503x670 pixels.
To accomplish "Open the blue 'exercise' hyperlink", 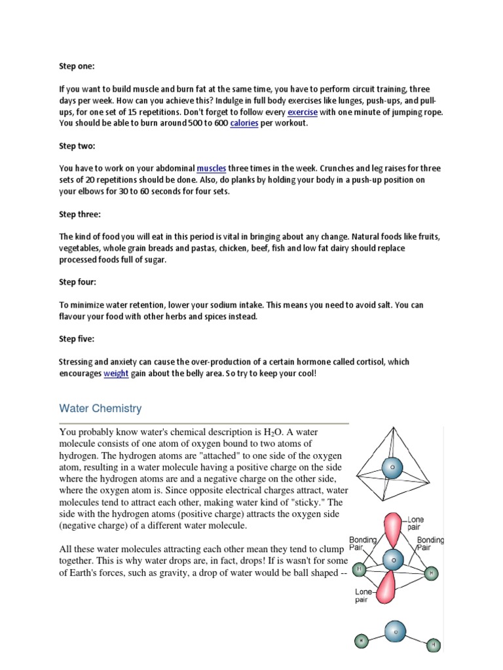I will [x=303, y=112].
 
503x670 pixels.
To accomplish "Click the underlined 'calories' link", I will [x=244, y=123].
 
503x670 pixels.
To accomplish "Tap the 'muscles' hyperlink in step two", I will [x=211, y=169].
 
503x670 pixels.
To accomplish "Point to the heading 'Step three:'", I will [x=81, y=214].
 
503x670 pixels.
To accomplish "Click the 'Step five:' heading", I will [x=77, y=339].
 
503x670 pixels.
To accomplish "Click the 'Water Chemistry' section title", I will [x=100, y=408].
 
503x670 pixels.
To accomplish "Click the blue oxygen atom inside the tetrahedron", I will [x=392, y=467].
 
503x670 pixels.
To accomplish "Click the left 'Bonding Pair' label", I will [x=362, y=544].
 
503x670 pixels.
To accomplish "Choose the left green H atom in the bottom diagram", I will [x=361, y=641].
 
